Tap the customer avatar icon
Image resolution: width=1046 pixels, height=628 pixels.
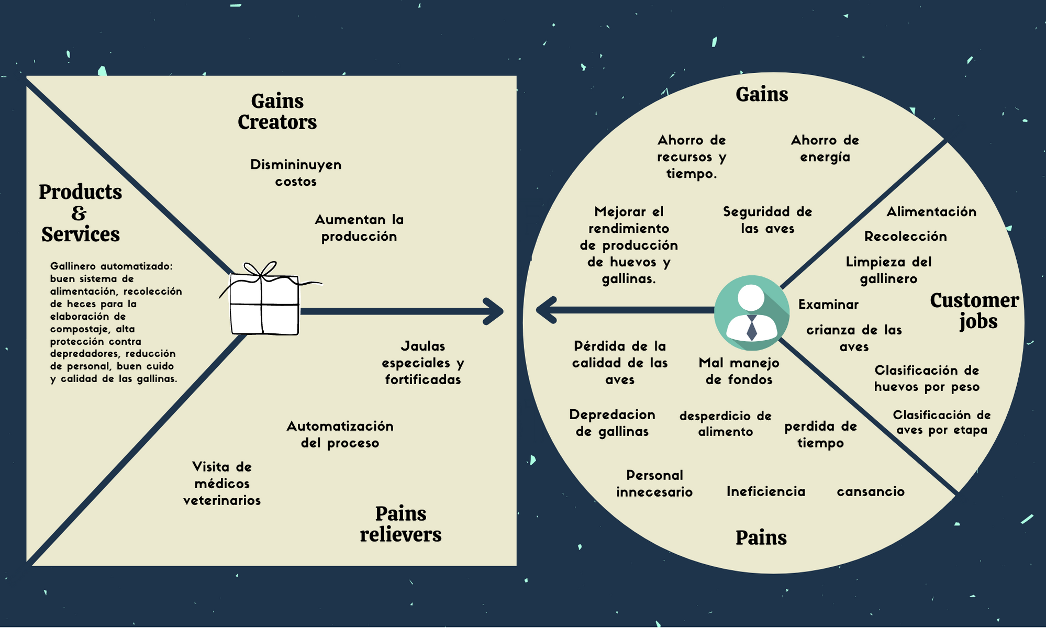(x=752, y=312)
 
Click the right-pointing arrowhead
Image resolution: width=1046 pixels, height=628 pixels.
(x=494, y=311)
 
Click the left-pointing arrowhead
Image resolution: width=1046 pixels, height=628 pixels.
(x=546, y=310)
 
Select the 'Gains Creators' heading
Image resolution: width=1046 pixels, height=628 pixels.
(x=277, y=111)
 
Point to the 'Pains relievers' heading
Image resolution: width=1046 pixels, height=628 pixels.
(x=400, y=524)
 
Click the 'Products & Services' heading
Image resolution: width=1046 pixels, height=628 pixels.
(x=80, y=213)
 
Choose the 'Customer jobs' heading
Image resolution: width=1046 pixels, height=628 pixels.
(x=974, y=310)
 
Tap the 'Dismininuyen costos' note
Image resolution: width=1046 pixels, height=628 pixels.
(x=296, y=173)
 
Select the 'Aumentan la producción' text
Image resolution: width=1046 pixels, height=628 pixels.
(x=359, y=228)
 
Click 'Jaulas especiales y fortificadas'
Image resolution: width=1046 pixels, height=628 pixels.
(x=423, y=363)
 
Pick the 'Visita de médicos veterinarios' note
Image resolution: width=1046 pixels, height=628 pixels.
(x=222, y=484)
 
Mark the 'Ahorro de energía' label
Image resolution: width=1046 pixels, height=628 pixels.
(x=825, y=149)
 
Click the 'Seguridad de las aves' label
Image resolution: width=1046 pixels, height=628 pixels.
(x=767, y=220)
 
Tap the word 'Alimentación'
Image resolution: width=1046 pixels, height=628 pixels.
(x=931, y=212)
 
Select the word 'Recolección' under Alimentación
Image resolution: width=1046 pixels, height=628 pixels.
(x=906, y=237)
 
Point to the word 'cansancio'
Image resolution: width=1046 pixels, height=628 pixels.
(x=871, y=491)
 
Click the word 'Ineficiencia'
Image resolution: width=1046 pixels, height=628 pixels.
(x=766, y=491)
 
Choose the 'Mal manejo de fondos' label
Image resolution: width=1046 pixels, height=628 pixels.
(x=739, y=371)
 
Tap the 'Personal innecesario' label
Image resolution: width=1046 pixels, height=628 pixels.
(x=654, y=484)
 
